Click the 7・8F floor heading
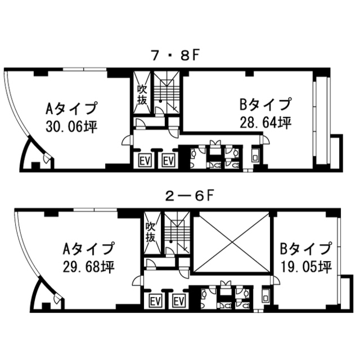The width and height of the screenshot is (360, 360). tap(174, 56)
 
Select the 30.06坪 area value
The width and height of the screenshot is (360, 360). tap(71, 127)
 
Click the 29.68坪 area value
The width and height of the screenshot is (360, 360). tap(89, 267)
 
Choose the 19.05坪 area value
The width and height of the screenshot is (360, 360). tap(307, 267)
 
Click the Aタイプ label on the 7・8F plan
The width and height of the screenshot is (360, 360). tap(71, 108)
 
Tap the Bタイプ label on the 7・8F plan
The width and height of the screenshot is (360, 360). tap(265, 104)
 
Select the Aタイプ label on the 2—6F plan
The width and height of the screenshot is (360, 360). tap(89, 249)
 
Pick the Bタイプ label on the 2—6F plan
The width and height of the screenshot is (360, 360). tap(307, 249)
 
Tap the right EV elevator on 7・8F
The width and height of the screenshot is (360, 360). tap(169, 160)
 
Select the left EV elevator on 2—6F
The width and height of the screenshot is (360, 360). tap(156, 300)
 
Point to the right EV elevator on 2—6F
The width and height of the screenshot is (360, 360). tap(179, 300)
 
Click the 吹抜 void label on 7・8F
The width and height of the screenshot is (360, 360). tap(142, 94)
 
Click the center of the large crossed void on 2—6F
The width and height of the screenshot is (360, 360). tap(232, 242)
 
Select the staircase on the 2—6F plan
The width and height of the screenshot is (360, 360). tap(177, 232)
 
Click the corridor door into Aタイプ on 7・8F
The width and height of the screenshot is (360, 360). tap(127, 140)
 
